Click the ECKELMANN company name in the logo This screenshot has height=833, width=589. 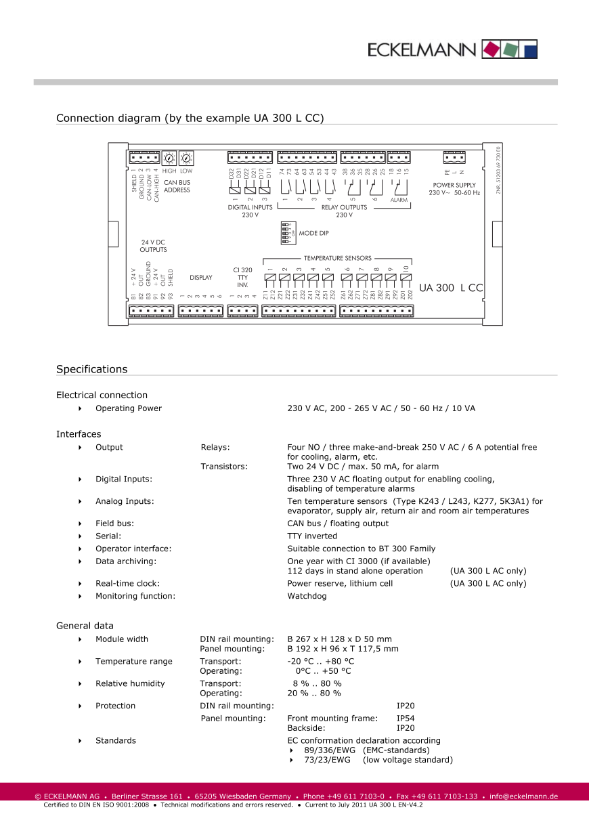pos(422,49)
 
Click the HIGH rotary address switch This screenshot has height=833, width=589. pos(169,158)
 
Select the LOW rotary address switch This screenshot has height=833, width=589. pos(186,158)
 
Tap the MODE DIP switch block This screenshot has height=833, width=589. pos(286,232)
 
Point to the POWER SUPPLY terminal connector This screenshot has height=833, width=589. pos(454,158)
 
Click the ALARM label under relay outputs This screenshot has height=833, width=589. pos(399,200)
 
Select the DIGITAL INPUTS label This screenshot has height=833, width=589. pos(250,207)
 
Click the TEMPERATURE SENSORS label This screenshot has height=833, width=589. pos(337,258)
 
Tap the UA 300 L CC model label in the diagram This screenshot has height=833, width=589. pos(451,288)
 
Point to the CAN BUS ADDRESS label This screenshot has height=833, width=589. pos(177,186)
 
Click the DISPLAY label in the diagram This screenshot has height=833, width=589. pos(200,278)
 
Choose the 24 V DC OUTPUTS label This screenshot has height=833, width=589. pos(153,246)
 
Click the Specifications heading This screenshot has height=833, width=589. pos(91,369)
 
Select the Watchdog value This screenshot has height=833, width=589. pos(307,596)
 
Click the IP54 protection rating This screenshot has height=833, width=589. pos(406,718)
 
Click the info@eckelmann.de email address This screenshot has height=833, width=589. pos(523,796)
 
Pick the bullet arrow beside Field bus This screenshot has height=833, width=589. pos(81,524)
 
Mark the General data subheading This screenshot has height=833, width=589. pos(85,626)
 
